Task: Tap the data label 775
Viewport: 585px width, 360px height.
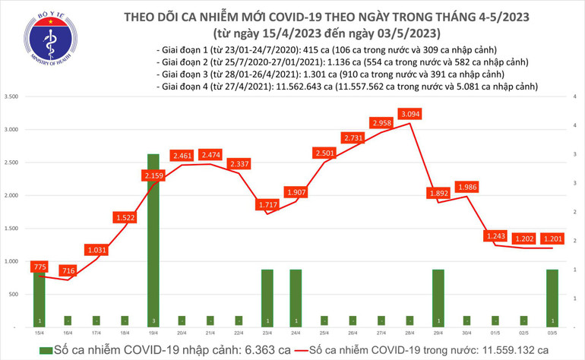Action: pos(40,267)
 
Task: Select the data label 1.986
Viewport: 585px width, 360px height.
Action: pos(466,187)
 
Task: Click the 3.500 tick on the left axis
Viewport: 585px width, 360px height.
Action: pos(11,97)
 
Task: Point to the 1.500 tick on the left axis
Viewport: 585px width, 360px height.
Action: pos(11,228)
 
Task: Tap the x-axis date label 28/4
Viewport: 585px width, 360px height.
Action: pos(409,333)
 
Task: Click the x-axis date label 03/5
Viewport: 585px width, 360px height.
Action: pos(552,333)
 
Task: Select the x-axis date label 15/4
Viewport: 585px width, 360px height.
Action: pos(39,333)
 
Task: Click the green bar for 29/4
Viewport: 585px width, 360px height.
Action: pos(438,298)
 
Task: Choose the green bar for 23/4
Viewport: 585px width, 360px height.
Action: pos(267,298)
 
